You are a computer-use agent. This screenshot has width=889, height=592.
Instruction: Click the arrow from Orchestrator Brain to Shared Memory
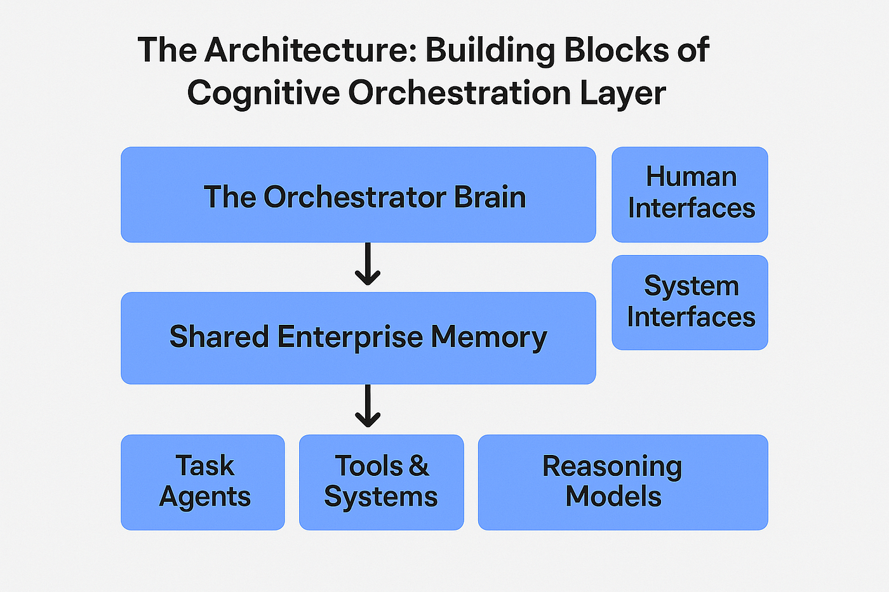click(368, 266)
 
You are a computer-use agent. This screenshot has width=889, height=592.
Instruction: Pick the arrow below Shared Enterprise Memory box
click(368, 407)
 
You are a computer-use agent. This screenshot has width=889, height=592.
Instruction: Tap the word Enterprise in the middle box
click(350, 336)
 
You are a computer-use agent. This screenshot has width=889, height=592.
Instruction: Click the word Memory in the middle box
click(488, 336)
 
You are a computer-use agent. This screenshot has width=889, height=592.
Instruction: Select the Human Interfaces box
click(690, 194)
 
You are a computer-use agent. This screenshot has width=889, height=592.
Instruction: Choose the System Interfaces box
click(690, 302)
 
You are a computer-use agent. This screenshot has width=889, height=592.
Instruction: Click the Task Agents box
click(203, 482)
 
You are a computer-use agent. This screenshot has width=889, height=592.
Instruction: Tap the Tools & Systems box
click(381, 482)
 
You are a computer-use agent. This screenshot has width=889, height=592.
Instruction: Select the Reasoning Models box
click(623, 482)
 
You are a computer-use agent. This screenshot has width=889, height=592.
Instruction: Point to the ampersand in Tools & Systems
click(419, 466)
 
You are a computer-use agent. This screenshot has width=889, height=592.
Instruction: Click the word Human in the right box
click(691, 177)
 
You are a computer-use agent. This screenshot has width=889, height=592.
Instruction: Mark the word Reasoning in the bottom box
click(612, 466)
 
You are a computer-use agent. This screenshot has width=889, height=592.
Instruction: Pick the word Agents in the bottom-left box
click(204, 497)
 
